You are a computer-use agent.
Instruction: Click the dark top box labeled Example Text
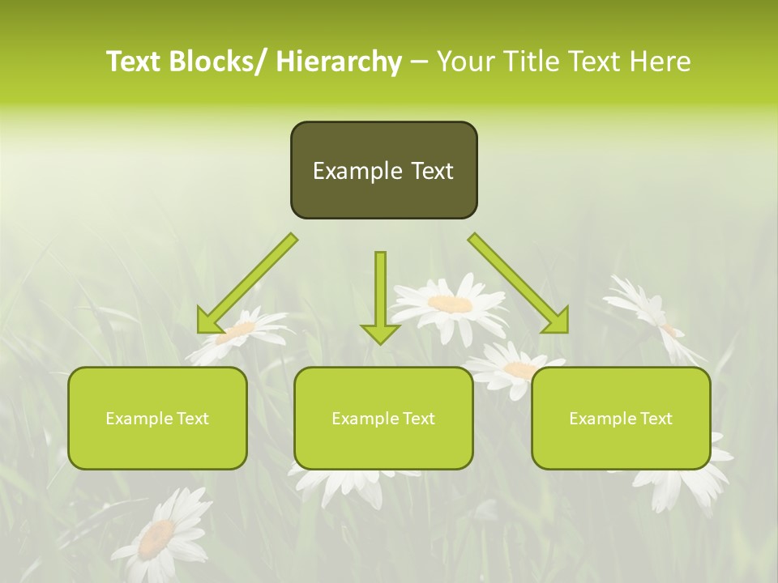[383, 170]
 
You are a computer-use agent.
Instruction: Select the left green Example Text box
[157, 418]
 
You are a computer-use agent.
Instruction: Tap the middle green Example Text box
[383, 418]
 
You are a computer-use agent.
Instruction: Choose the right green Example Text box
[621, 418]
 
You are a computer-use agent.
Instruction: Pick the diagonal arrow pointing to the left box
[247, 283]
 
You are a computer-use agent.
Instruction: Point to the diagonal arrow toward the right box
[519, 283]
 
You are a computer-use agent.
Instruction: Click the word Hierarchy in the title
[338, 62]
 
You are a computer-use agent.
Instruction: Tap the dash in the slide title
[419, 62]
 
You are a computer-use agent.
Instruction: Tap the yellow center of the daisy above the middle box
[450, 304]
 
